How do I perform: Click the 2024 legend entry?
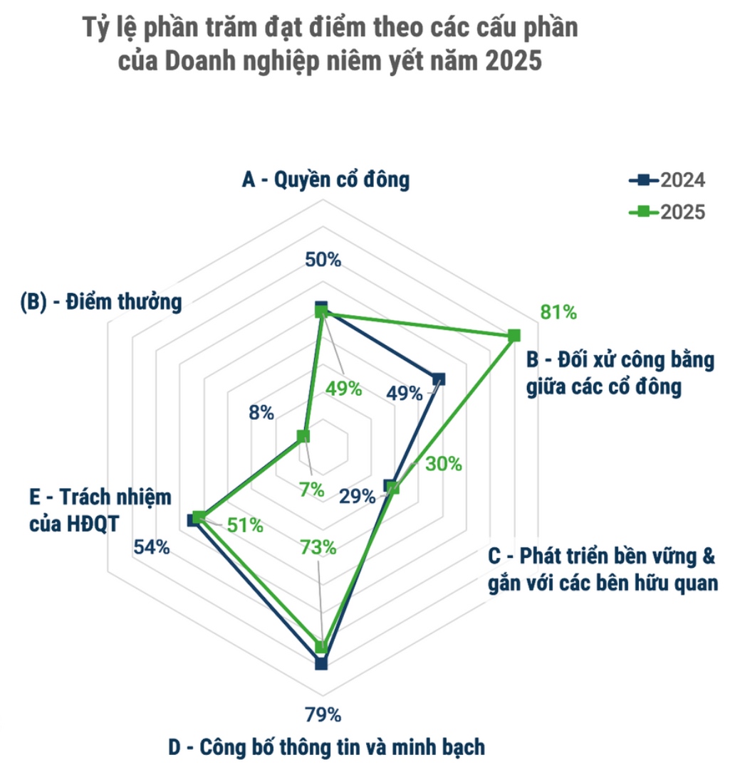pos(667,180)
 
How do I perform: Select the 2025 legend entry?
pos(667,211)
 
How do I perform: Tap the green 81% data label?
pos(558,312)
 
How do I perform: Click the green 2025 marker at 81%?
pos(515,335)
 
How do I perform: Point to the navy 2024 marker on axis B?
pos(439,379)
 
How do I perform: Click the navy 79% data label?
pos(324,714)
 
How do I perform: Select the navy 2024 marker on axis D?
pos(320,664)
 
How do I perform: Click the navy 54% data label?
pos(152,547)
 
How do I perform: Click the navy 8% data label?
pos(261,412)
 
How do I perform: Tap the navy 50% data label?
pos(323,260)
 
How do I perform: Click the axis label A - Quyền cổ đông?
pos(325,180)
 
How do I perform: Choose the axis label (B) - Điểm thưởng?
pos(100,302)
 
